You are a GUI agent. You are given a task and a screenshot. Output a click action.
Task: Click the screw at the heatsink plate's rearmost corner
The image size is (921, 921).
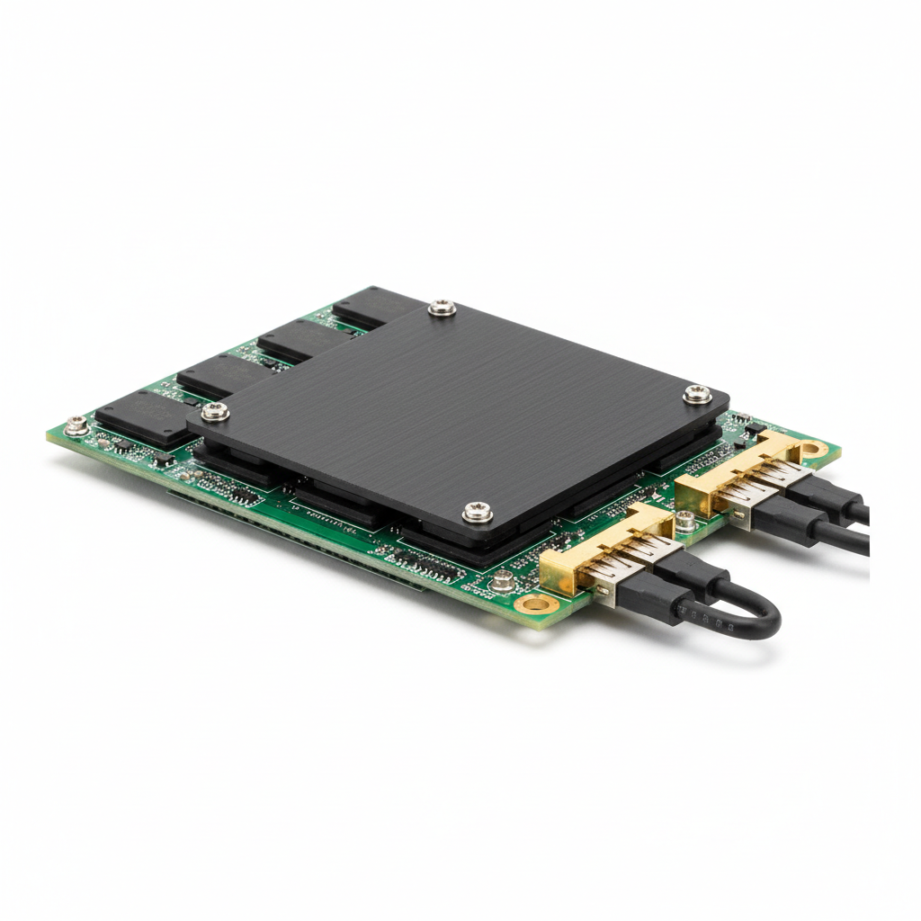442,308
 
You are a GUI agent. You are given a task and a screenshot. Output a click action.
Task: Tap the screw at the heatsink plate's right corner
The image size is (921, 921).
697,393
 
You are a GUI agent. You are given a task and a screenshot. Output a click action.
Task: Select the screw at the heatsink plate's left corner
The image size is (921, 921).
215,412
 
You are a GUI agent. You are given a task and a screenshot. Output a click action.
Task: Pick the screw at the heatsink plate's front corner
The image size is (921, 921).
478,512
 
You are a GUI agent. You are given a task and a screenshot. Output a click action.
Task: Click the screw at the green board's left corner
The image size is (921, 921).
77,425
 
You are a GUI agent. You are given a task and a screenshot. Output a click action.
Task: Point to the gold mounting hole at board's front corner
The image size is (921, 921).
536,603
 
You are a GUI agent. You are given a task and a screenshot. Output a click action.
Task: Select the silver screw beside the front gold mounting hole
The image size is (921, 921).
504,582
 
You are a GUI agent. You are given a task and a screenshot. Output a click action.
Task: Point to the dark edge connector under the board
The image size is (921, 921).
297,540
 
